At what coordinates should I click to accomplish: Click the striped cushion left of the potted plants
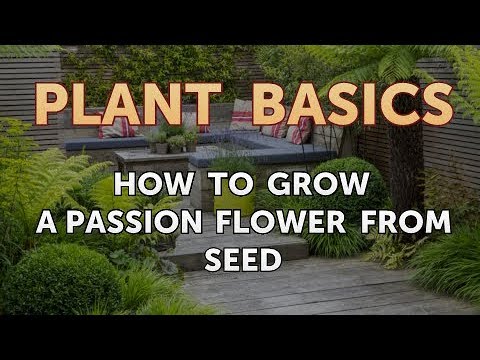(x=113, y=129)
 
